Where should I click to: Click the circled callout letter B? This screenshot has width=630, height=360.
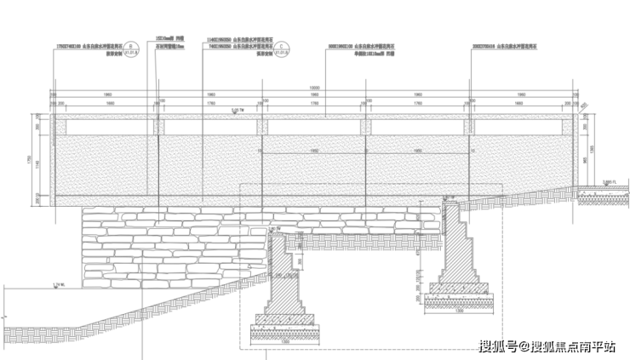(x=130, y=49)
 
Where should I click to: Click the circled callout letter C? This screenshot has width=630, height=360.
(x=283, y=49)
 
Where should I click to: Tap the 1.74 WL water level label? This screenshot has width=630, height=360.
(x=59, y=283)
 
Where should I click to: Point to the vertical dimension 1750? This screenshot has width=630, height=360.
(x=30, y=159)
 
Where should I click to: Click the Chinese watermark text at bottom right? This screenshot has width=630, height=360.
(x=546, y=346)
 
